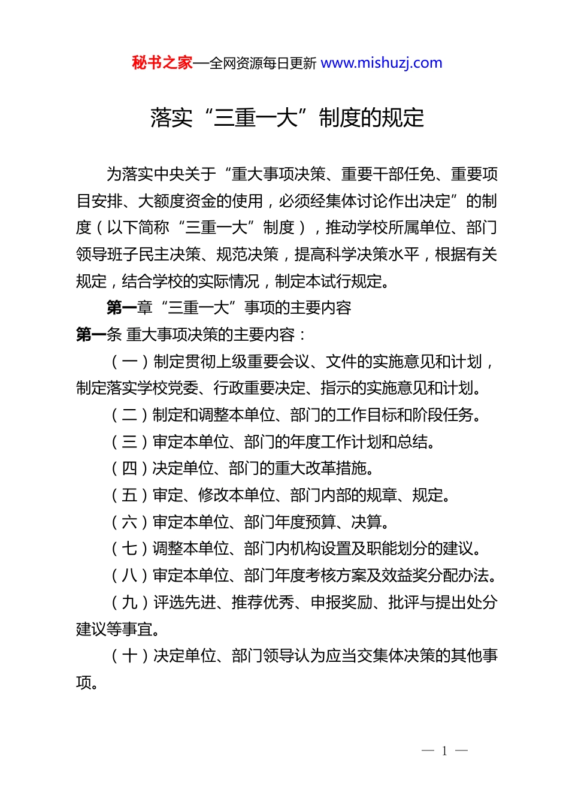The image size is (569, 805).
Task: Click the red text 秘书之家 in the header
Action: click(x=162, y=63)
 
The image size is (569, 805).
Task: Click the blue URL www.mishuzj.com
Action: click(x=382, y=63)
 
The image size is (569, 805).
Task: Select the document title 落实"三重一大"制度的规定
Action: click(x=287, y=118)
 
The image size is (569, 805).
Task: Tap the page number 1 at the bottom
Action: click(x=444, y=751)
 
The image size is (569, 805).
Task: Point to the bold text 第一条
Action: click(x=99, y=334)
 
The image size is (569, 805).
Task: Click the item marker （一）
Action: click(x=130, y=362)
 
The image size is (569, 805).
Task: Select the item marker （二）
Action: click(x=130, y=415)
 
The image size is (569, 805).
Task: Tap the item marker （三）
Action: click(x=130, y=442)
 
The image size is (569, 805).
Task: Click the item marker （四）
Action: click(x=130, y=468)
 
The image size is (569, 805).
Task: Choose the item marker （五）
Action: click(x=130, y=495)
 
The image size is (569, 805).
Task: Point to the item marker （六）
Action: click(x=130, y=522)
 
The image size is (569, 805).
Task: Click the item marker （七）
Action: click(x=130, y=549)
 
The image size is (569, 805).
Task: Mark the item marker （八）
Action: click(x=130, y=576)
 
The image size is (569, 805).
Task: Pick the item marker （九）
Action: click(x=130, y=603)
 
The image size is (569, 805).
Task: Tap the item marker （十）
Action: click(x=130, y=656)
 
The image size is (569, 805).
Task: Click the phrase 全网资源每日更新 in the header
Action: click(x=263, y=63)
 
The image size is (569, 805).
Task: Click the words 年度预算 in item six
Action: click(x=305, y=522)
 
